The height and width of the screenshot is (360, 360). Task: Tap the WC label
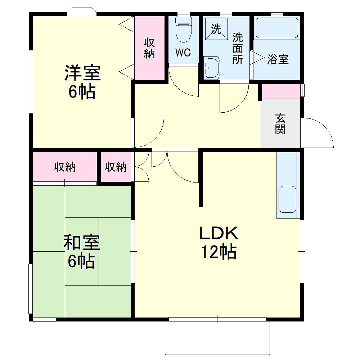coord(183,53)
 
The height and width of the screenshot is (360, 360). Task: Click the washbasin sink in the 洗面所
coord(212,67)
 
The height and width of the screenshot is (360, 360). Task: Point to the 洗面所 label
coord(237,48)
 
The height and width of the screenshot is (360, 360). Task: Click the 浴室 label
coord(278,59)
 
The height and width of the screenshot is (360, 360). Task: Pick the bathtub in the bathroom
coord(277,28)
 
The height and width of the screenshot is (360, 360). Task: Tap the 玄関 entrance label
coord(280,123)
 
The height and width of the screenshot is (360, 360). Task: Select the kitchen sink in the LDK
coord(288,200)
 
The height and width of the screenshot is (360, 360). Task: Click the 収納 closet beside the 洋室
coord(149,48)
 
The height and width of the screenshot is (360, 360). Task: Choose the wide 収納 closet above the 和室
coord(65,167)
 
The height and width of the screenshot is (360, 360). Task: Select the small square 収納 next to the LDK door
coord(116,167)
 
